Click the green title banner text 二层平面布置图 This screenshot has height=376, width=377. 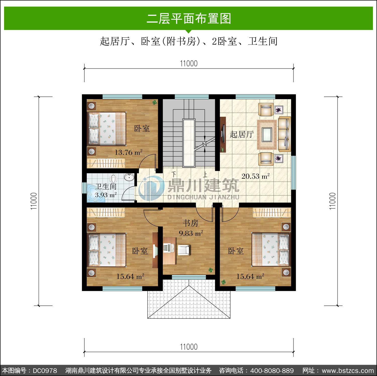[189, 19]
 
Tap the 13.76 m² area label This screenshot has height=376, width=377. [128, 152]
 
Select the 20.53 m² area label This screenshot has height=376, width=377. [255, 176]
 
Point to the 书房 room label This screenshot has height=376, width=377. [191, 223]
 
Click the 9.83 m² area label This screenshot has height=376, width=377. [191, 233]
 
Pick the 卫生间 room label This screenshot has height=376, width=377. [106, 186]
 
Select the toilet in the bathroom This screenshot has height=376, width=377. [114, 179]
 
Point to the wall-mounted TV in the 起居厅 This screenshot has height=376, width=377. [222, 134]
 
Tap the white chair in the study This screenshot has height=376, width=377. [184, 250]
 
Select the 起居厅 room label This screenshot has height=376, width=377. [242, 134]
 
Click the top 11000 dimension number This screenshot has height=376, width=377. [189, 63]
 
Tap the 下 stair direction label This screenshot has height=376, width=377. [174, 174]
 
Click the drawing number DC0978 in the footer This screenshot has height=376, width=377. [45, 370]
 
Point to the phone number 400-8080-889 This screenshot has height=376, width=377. [272, 370]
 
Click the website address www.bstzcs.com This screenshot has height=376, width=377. [348, 370]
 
